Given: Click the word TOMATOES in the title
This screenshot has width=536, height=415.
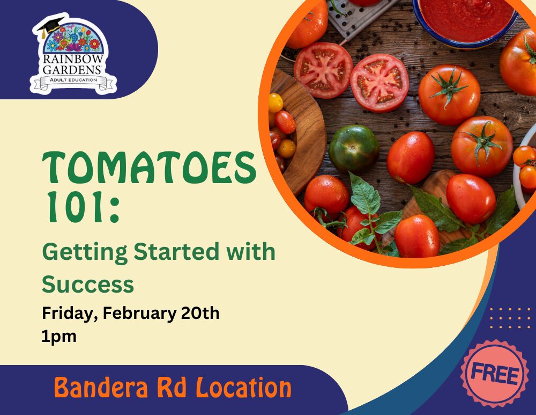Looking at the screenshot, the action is (149, 168).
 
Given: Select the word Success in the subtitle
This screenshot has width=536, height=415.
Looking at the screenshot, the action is (88, 284).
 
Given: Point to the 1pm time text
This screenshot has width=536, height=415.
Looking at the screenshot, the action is (59, 337).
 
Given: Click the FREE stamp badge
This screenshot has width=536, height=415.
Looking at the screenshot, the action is (495, 374).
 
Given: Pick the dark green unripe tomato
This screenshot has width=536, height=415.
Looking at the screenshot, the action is (354, 149).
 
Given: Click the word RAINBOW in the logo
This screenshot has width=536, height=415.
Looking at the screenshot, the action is (73, 59).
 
